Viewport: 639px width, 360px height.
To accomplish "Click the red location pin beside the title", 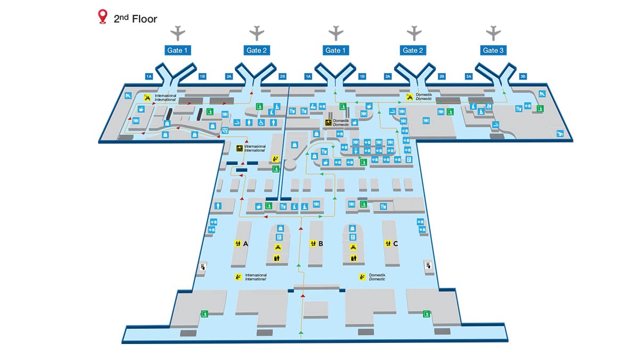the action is click(x=103, y=16).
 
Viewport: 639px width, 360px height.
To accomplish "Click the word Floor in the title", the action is click(x=144, y=19).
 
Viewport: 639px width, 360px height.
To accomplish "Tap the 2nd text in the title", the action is click(x=121, y=19).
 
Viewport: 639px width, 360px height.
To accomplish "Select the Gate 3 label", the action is click(x=493, y=50).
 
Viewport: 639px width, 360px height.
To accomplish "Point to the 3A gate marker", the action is click(x=469, y=76).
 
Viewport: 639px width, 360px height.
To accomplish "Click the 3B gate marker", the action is click(x=522, y=76).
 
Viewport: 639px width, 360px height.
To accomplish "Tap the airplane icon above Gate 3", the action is click(x=493, y=33).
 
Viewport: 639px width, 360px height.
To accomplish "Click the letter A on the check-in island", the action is click(x=245, y=244).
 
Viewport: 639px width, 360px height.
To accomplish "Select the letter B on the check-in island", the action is click(x=321, y=244).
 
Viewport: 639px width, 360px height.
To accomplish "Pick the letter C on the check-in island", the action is click(x=395, y=244).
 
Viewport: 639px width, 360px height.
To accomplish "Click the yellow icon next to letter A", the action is click(x=237, y=243).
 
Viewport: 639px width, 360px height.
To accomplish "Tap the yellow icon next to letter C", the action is click(x=388, y=243).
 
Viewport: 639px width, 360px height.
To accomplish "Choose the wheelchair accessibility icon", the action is click(x=261, y=123).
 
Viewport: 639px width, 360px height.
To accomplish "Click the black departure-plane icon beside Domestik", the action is click(x=329, y=123).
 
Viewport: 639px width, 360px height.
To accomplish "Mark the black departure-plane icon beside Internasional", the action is click(x=240, y=148).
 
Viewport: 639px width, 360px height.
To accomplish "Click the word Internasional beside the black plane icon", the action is click(x=255, y=146).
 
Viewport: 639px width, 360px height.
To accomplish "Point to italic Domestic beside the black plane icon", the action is click(x=341, y=125).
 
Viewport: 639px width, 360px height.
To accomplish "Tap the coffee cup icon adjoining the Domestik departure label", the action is click(x=355, y=122).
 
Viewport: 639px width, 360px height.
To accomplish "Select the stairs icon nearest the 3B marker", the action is click(x=542, y=94).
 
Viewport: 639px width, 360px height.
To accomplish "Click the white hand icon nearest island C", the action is click(x=429, y=266).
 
